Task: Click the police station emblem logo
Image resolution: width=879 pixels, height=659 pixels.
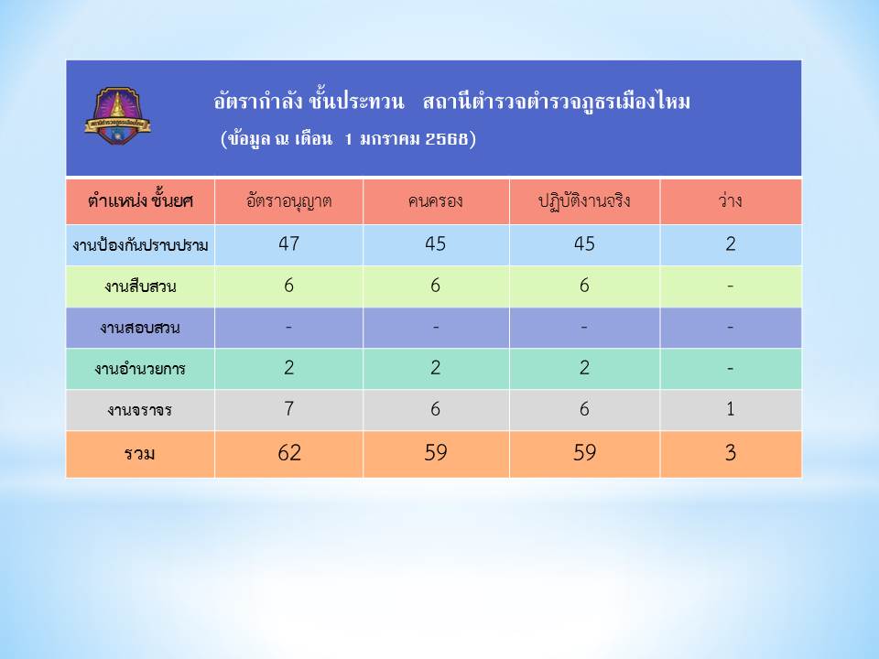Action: (x=118, y=115)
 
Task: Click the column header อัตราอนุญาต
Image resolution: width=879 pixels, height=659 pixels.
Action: (x=288, y=200)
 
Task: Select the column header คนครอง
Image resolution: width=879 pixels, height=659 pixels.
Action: (x=436, y=200)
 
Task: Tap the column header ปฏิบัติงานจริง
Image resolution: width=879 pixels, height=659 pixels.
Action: (x=584, y=200)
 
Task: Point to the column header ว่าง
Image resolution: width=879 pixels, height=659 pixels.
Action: (x=730, y=200)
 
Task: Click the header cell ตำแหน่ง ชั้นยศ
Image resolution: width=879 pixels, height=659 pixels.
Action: (x=140, y=200)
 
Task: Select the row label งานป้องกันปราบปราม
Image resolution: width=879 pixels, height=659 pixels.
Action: (x=140, y=245)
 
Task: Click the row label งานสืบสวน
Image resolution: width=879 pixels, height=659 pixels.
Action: (x=140, y=286)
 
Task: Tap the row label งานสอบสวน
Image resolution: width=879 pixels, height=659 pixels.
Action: (x=140, y=328)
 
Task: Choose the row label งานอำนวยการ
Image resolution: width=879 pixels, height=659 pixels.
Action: (x=140, y=369)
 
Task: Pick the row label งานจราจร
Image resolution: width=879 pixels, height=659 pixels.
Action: (x=140, y=410)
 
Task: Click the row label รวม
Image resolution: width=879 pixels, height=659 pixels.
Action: (x=139, y=453)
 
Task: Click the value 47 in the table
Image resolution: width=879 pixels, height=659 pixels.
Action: (x=288, y=243)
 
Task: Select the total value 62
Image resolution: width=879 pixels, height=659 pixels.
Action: (x=289, y=453)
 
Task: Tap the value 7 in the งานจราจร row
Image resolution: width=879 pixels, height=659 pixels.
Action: (x=288, y=408)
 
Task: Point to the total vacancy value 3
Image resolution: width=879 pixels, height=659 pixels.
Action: (x=731, y=453)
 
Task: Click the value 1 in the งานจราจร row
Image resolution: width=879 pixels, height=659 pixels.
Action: (x=731, y=408)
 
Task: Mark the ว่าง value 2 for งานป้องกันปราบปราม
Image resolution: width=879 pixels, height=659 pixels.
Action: (x=731, y=243)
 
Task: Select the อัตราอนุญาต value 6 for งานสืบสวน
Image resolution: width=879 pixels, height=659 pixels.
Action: (x=288, y=286)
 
